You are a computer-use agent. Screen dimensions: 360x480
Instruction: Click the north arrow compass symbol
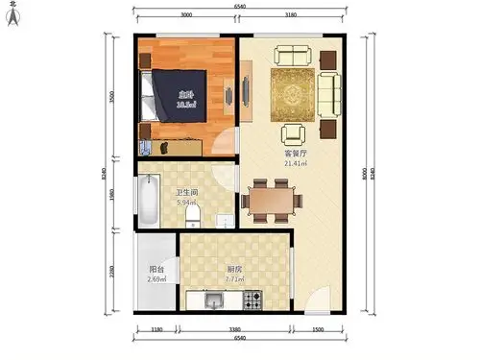point(12,13)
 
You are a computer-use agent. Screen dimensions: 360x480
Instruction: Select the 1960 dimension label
point(112,196)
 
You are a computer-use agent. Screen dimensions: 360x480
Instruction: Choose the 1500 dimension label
point(318,330)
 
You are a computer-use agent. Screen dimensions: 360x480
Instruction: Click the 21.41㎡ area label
point(295,163)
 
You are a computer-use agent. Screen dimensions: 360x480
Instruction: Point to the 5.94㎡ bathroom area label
point(185,203)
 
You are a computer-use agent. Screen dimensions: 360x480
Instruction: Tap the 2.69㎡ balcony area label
point(156,279)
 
